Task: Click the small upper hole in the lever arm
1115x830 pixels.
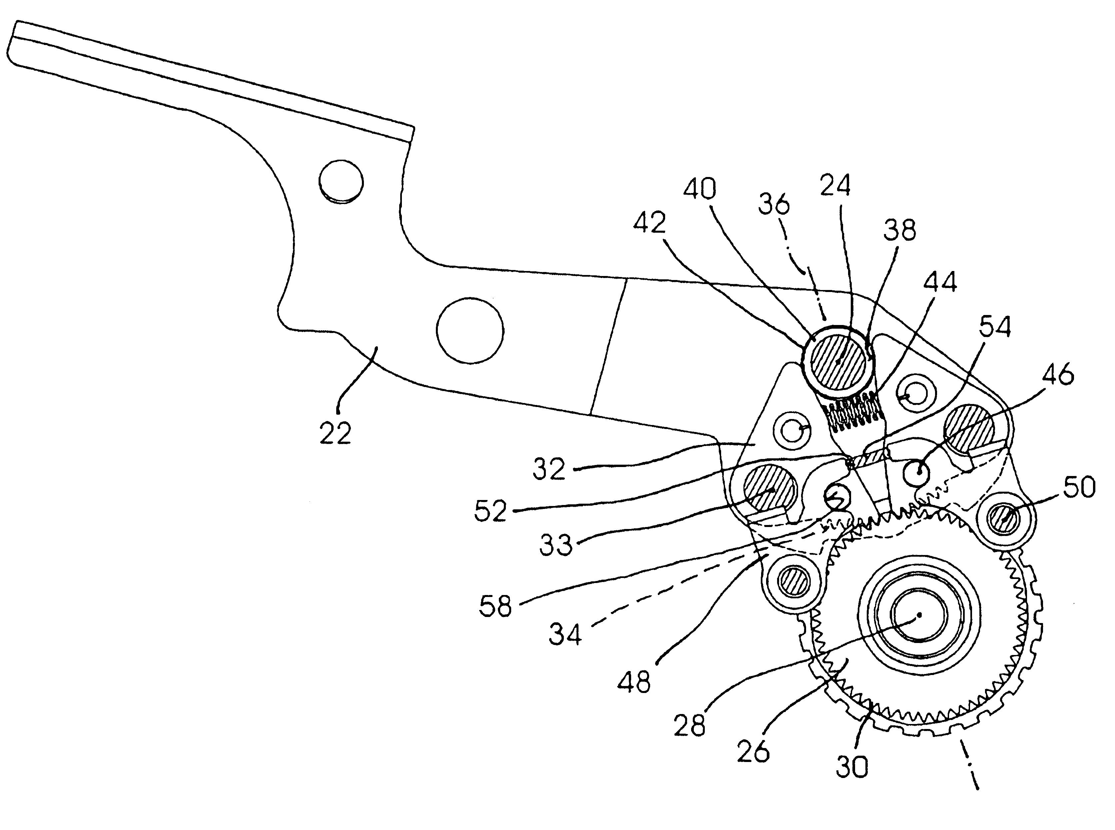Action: [341, 181]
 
